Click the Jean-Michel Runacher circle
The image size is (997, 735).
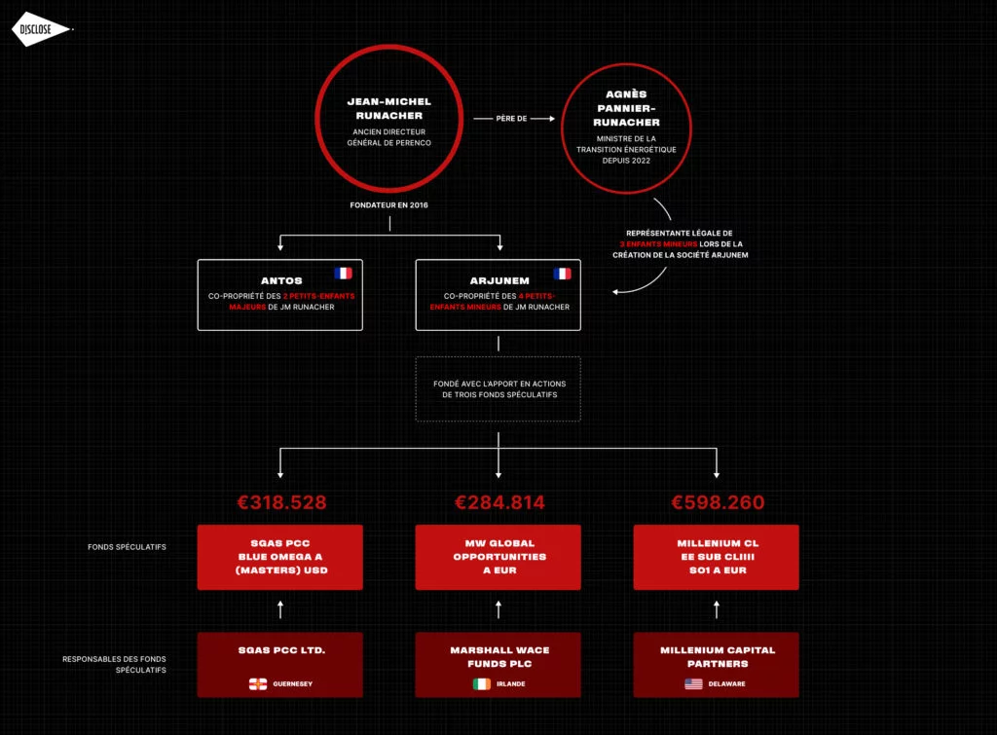[389, 48]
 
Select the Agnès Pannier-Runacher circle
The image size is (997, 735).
[626, 65]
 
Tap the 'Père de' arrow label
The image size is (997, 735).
[511, 118]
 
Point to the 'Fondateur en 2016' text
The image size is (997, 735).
[389, 204]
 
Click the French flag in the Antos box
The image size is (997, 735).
[343, 273]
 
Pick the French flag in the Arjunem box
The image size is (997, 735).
[562, 274]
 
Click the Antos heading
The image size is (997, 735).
[281, 280]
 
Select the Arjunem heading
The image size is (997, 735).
[499, 280]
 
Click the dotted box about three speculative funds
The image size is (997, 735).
[498, 358]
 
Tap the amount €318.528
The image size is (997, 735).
[281, 502]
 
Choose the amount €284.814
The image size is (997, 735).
[499, 502]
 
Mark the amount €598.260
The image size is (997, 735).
[718, 502]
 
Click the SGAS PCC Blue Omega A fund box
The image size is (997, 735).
[279, 557]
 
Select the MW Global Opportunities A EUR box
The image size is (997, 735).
[498, 557]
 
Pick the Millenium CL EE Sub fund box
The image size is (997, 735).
[716, 557]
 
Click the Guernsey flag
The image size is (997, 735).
[257, 684]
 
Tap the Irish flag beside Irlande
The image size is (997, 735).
[482, 684]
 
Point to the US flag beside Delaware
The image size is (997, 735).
[693, 684]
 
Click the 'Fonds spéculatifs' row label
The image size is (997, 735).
[127, 547]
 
